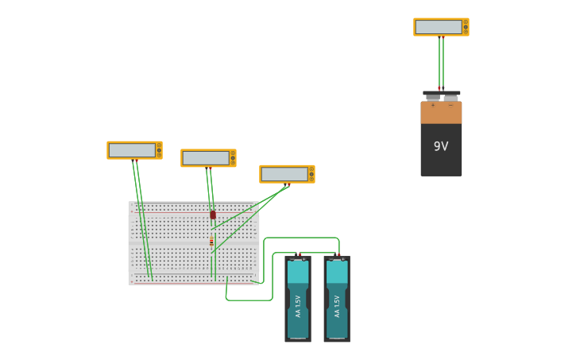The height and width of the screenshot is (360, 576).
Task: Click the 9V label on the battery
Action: [x=441, y=146]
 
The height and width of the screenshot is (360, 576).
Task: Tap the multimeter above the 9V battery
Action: [x=441, y=27]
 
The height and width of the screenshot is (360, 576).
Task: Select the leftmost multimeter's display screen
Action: [x=132, y=150]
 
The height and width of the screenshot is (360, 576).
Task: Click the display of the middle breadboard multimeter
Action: [x=206, y=158]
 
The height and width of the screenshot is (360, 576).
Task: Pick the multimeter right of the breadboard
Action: [x=287, y=174]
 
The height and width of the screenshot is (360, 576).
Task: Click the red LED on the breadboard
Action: [x=213, y=215]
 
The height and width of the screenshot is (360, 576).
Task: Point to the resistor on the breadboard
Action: [x=211, y=241]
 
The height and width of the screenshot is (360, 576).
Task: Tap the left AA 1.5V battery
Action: [x=298, y=299]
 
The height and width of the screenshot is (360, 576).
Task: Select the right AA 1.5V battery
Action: [x=337, y=299]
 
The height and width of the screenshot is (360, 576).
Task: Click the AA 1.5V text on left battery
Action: [x=298, y=306]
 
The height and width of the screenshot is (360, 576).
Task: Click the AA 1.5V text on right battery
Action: [x=337, y=306]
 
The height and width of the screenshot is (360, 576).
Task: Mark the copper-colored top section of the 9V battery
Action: [x=441, y=113]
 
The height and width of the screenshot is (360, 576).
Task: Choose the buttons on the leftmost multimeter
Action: [x=159, y=150]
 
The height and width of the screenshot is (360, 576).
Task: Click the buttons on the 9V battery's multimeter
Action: [x=466, y=27]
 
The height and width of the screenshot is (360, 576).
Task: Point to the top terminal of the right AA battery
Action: [x=338, y=256]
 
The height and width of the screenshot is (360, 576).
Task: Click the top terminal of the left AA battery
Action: [x=299, y=256]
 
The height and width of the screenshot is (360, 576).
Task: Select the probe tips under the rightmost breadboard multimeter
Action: [x=287, y=185]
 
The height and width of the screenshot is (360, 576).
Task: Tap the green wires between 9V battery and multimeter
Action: [x=441, y=62]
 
